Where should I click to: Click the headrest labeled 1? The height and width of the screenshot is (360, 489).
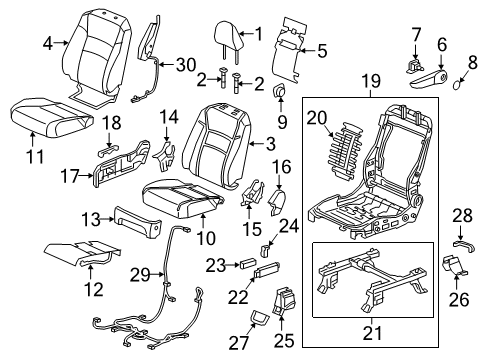228,38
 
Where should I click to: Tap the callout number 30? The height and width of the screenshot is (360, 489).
186,64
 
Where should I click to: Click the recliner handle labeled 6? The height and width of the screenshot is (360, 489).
428,79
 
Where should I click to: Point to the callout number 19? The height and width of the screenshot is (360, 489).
371,81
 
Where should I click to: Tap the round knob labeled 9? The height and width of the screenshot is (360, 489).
279,90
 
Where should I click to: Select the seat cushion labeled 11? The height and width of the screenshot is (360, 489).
50,117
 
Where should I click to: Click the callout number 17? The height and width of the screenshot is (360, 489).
70,176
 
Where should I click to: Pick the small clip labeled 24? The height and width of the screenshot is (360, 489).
264,251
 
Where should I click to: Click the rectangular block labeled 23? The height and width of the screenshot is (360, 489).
248,264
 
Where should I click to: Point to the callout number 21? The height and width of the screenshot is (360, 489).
372,333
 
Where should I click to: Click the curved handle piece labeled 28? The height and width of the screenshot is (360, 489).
464,246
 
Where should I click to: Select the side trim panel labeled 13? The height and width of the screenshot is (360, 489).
137,223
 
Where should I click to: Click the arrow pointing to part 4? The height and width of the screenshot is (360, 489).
61,43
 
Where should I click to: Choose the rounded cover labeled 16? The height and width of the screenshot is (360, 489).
278,201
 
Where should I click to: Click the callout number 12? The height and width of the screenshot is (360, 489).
94,289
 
